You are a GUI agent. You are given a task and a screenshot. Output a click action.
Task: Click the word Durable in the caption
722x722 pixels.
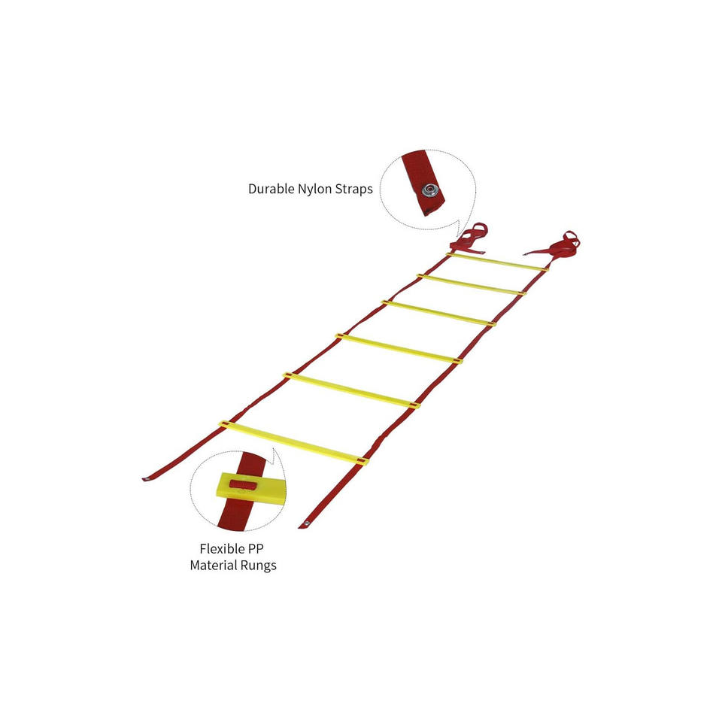[x=270, y=190]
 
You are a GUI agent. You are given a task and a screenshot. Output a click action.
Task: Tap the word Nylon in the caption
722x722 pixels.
[x=316, y=190]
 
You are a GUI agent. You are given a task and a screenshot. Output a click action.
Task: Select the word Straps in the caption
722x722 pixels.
[x=353, y=190]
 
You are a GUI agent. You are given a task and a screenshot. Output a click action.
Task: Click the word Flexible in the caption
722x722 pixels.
[x=224, y=549]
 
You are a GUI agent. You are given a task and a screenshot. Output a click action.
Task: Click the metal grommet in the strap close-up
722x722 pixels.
[x=431, y=190]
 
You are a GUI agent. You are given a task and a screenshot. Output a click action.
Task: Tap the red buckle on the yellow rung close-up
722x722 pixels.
[x=241, y=483]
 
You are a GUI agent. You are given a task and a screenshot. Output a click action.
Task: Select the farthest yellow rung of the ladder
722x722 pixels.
[x=496, y=261]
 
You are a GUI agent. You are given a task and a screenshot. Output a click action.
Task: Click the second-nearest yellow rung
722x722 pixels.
[x=350, y=390]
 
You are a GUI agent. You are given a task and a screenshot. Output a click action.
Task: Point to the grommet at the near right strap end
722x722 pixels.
[x=306, y=523]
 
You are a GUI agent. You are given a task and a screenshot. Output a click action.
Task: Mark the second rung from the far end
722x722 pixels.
[x=472, y=284]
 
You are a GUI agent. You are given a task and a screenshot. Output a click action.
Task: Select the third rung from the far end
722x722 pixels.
[x=439, y=312]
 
